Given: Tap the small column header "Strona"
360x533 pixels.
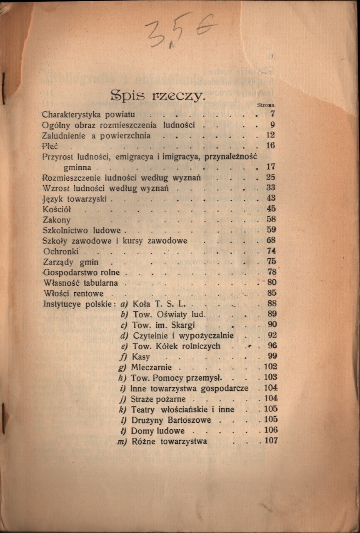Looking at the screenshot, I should [x=271, y=106].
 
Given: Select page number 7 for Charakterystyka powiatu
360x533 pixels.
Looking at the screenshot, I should [x=272, y=114].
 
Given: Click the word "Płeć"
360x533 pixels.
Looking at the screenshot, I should [x=50, y=146].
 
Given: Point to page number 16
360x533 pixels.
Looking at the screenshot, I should [x=270, y=145].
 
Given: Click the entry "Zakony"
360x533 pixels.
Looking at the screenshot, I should [x=57, y=220].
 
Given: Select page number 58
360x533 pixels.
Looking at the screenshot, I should [x=271, y=219].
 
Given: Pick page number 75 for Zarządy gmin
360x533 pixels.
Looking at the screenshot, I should [x=271, y=262].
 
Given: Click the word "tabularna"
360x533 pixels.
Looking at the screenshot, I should [x=100, y=283].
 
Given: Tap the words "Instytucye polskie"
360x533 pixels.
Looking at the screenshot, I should [x=77, y=304].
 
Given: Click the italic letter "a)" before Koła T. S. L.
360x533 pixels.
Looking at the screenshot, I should [x=124, y=304].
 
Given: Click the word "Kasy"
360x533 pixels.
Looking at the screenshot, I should [x=140, y=357].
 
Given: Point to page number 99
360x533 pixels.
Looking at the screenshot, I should [x=271, y=356].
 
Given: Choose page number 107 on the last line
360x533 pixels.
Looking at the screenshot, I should [x=269, y=441].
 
